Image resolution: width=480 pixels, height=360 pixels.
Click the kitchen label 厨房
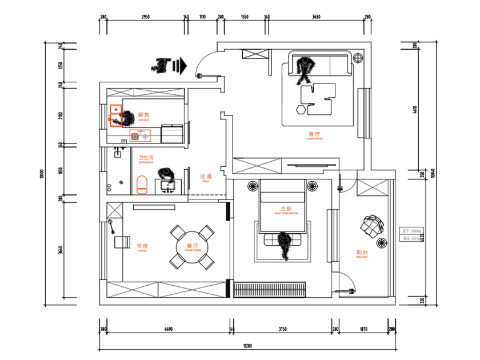[143, 115]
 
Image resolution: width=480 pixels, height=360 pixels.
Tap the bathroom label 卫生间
[146, 157]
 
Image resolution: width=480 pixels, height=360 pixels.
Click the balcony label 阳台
[362, 252]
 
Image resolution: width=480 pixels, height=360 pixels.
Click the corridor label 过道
[206, 177]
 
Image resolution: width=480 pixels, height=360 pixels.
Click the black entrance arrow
[179, 66]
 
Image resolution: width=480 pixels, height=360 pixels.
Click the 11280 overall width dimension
[246, 346]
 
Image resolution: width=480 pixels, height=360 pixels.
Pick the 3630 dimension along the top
[316, 17]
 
